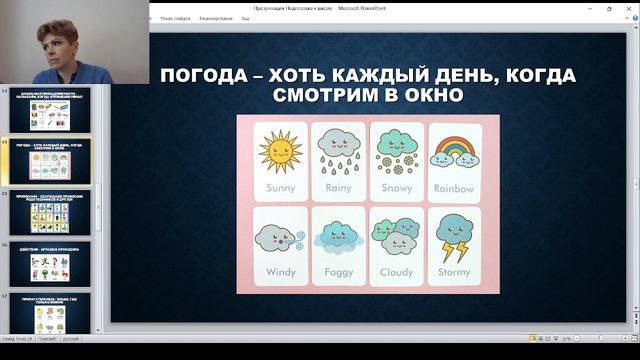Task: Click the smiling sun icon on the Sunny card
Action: [279, 150]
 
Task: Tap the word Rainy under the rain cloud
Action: [338, 187]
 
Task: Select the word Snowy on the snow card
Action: [396, 187]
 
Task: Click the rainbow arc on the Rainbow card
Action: [455, 147]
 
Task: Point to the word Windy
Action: [279, 271]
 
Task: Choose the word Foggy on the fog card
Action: [338, 271]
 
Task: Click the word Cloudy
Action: [396, 271]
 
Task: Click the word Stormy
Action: [455, 271]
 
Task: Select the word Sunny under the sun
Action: [279, 187]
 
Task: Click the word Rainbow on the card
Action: [455, 187]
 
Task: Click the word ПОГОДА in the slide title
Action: [206, 78]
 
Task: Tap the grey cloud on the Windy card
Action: [277, 237]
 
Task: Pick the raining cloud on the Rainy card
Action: [337, 144]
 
